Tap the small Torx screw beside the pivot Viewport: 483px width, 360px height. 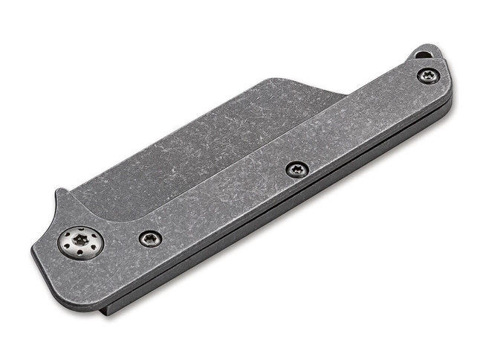click(149, 238)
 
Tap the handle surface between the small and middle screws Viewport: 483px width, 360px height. click(223, 205)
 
